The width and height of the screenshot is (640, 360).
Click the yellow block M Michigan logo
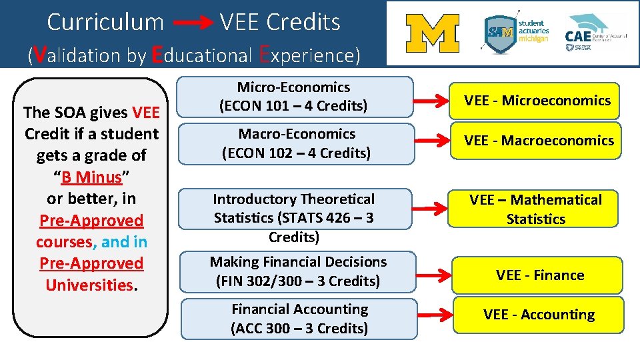(x=433, y=33)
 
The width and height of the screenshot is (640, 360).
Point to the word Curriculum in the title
(x=105, y=23)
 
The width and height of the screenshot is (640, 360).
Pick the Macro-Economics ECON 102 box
(x=296, y=143)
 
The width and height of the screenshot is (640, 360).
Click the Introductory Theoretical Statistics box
(x=294, y=217)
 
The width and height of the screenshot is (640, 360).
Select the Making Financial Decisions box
(x=298, y=271)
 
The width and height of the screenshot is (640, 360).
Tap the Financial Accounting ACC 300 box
(x=299, y=319)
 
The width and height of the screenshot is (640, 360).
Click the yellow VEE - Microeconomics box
(x=537, y=101)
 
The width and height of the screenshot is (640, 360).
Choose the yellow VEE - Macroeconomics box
(x=539, y=141)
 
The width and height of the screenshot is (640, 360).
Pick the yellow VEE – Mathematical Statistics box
(x=535, y=209)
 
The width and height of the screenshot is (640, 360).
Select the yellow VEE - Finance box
(x=539, y=275)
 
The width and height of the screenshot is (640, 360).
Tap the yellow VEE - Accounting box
(x=539, y=315)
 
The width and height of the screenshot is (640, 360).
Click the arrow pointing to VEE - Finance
(x=433, y=273)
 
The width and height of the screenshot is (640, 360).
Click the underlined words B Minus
(x=91, y=177)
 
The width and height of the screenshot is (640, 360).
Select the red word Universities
(x=89, y=285)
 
